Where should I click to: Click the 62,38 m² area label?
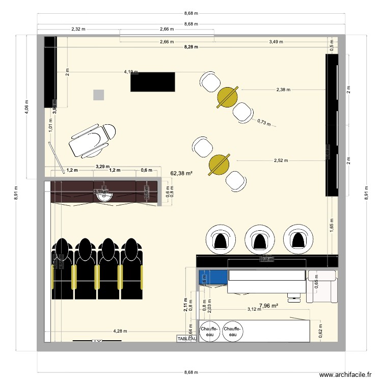(x=181, y=173)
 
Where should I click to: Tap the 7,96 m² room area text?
(x=268, y=306)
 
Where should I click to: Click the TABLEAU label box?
(x=186, y=339)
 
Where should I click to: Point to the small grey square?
(x=98, y=95)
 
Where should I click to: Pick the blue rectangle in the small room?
(x=213, y=278)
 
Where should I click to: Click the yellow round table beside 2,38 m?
(x=227, y=97)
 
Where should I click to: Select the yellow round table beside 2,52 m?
(x=220, y=164)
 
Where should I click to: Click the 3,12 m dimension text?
(x=253, y=309)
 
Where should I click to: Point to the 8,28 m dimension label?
(x=192, y=47)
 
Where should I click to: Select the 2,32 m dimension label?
(x=79, y=30)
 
